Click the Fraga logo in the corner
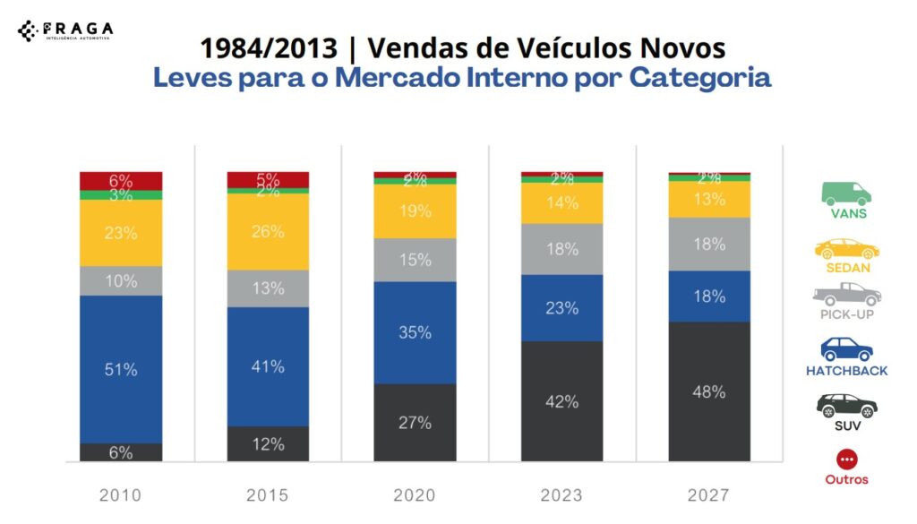[x=64, y=30]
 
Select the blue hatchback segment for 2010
[x=121, y=369]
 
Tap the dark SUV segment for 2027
[x=709, y=391]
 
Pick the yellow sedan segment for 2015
[x=268, y=231]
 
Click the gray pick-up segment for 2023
[x=561, y=249]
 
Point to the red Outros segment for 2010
[x=121, y=180]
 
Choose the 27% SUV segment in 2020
[x=415, y=422]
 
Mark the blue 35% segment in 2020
[x=415, y=332]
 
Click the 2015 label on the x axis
[x=268, y=494]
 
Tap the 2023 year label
[x=561, y=494]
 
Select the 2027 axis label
[x=709, y=494]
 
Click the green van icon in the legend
[x=846, y=193]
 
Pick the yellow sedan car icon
[x=846, y=248]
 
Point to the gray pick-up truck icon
[x=846, y=294]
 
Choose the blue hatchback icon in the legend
[x=846, y=348]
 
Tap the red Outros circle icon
[x=846, y=460]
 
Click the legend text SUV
[x=846, y=425]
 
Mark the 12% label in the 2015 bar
[x=268, y=444]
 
